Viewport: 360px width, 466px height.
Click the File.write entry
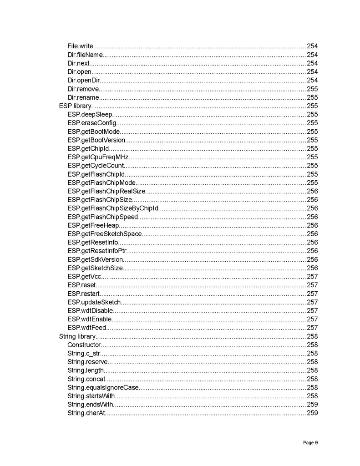tap(80, 46)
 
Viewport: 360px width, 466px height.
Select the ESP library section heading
tap(75, 106)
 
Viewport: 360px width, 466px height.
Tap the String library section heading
tap(77, 336)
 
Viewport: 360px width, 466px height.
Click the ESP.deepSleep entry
tap(90, 114)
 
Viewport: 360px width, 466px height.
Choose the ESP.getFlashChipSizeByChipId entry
tap(113, 208)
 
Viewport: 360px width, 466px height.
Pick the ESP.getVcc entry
tap(84, 276)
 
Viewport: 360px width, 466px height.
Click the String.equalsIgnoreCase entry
tap(103, 387)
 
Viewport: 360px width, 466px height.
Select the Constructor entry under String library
tap(84, 345)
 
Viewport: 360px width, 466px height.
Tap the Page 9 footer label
tap(310, 442)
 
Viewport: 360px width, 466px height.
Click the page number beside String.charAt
tap(312, 413)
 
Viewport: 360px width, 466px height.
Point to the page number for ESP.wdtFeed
tap(312, 328)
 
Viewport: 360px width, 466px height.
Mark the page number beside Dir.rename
tap(312, 97)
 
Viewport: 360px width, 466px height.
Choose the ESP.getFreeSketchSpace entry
tap(105, 234)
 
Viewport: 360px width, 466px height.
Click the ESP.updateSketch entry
tap(94, 302)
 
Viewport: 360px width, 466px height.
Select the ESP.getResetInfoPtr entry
tap(97, 251)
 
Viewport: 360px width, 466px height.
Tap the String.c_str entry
tap(84, 353)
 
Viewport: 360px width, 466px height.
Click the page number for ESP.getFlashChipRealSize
tap(312, 191)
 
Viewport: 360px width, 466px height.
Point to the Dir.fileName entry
tap(85, 55)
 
